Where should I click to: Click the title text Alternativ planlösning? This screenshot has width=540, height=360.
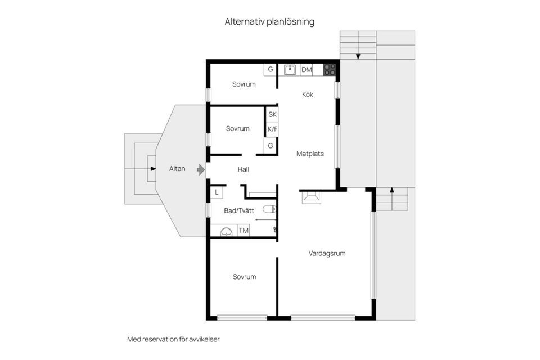269,22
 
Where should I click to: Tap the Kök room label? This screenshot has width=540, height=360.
307,94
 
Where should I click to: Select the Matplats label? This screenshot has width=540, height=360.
310,153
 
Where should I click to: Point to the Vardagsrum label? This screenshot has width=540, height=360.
327,253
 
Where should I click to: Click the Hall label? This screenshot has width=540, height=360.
243,169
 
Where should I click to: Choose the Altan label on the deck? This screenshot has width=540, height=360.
178,168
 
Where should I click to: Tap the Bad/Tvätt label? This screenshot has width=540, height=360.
239,211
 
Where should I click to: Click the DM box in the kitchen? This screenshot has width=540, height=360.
307,70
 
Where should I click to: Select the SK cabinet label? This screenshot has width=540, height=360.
272,114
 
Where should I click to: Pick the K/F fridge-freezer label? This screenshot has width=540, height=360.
272,129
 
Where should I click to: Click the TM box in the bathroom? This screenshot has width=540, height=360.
244,231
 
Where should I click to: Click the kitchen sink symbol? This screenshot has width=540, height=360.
290,70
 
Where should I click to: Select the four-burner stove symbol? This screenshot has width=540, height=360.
330,70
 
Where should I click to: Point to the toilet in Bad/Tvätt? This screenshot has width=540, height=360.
269,209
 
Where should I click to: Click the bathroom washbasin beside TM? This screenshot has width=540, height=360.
226,231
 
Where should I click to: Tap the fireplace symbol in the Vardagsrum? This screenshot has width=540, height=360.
310,197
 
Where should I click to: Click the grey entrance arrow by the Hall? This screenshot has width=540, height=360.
201,169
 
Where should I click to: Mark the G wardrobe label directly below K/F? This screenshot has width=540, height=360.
271,146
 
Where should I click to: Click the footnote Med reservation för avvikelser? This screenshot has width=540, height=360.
174,339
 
